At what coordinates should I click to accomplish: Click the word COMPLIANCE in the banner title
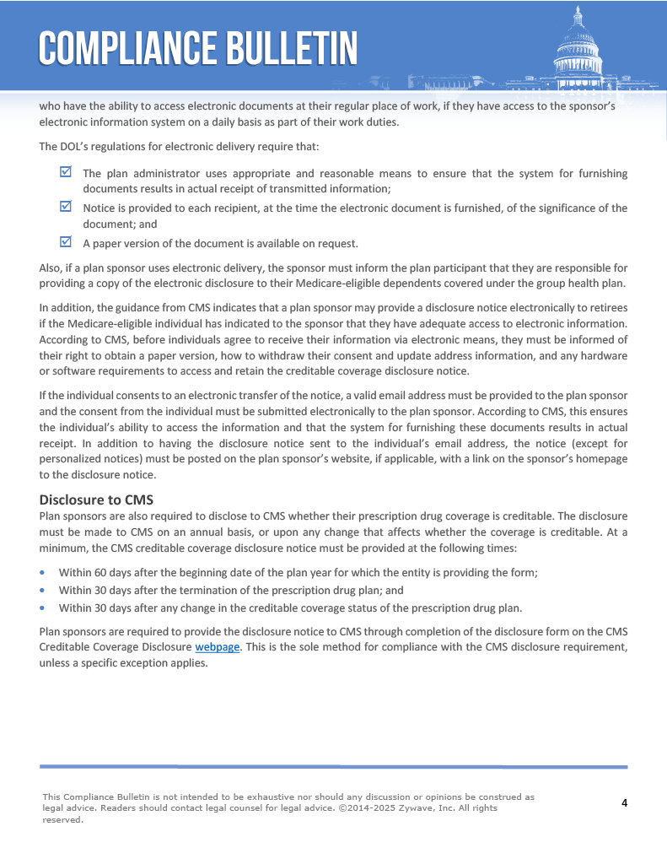click(122, 48)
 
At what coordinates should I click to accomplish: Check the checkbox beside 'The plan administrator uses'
click(66, 172)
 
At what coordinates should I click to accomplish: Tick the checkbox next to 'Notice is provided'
click(66, 207)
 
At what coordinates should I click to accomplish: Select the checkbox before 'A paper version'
click(66, 242)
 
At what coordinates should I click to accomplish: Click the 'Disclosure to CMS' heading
click(96, 499)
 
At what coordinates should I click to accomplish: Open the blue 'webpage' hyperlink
click(218, 647)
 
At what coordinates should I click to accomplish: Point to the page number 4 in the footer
click(624, 802)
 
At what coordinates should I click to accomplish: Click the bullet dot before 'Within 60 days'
click(44, 572)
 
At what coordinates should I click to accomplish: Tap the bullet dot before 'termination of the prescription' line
click(44, 590)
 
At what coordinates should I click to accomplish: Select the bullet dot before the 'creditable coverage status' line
click(44, 607)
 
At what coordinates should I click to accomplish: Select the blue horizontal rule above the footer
click(333, 766)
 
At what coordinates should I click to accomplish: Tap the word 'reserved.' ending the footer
click(63, 819)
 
